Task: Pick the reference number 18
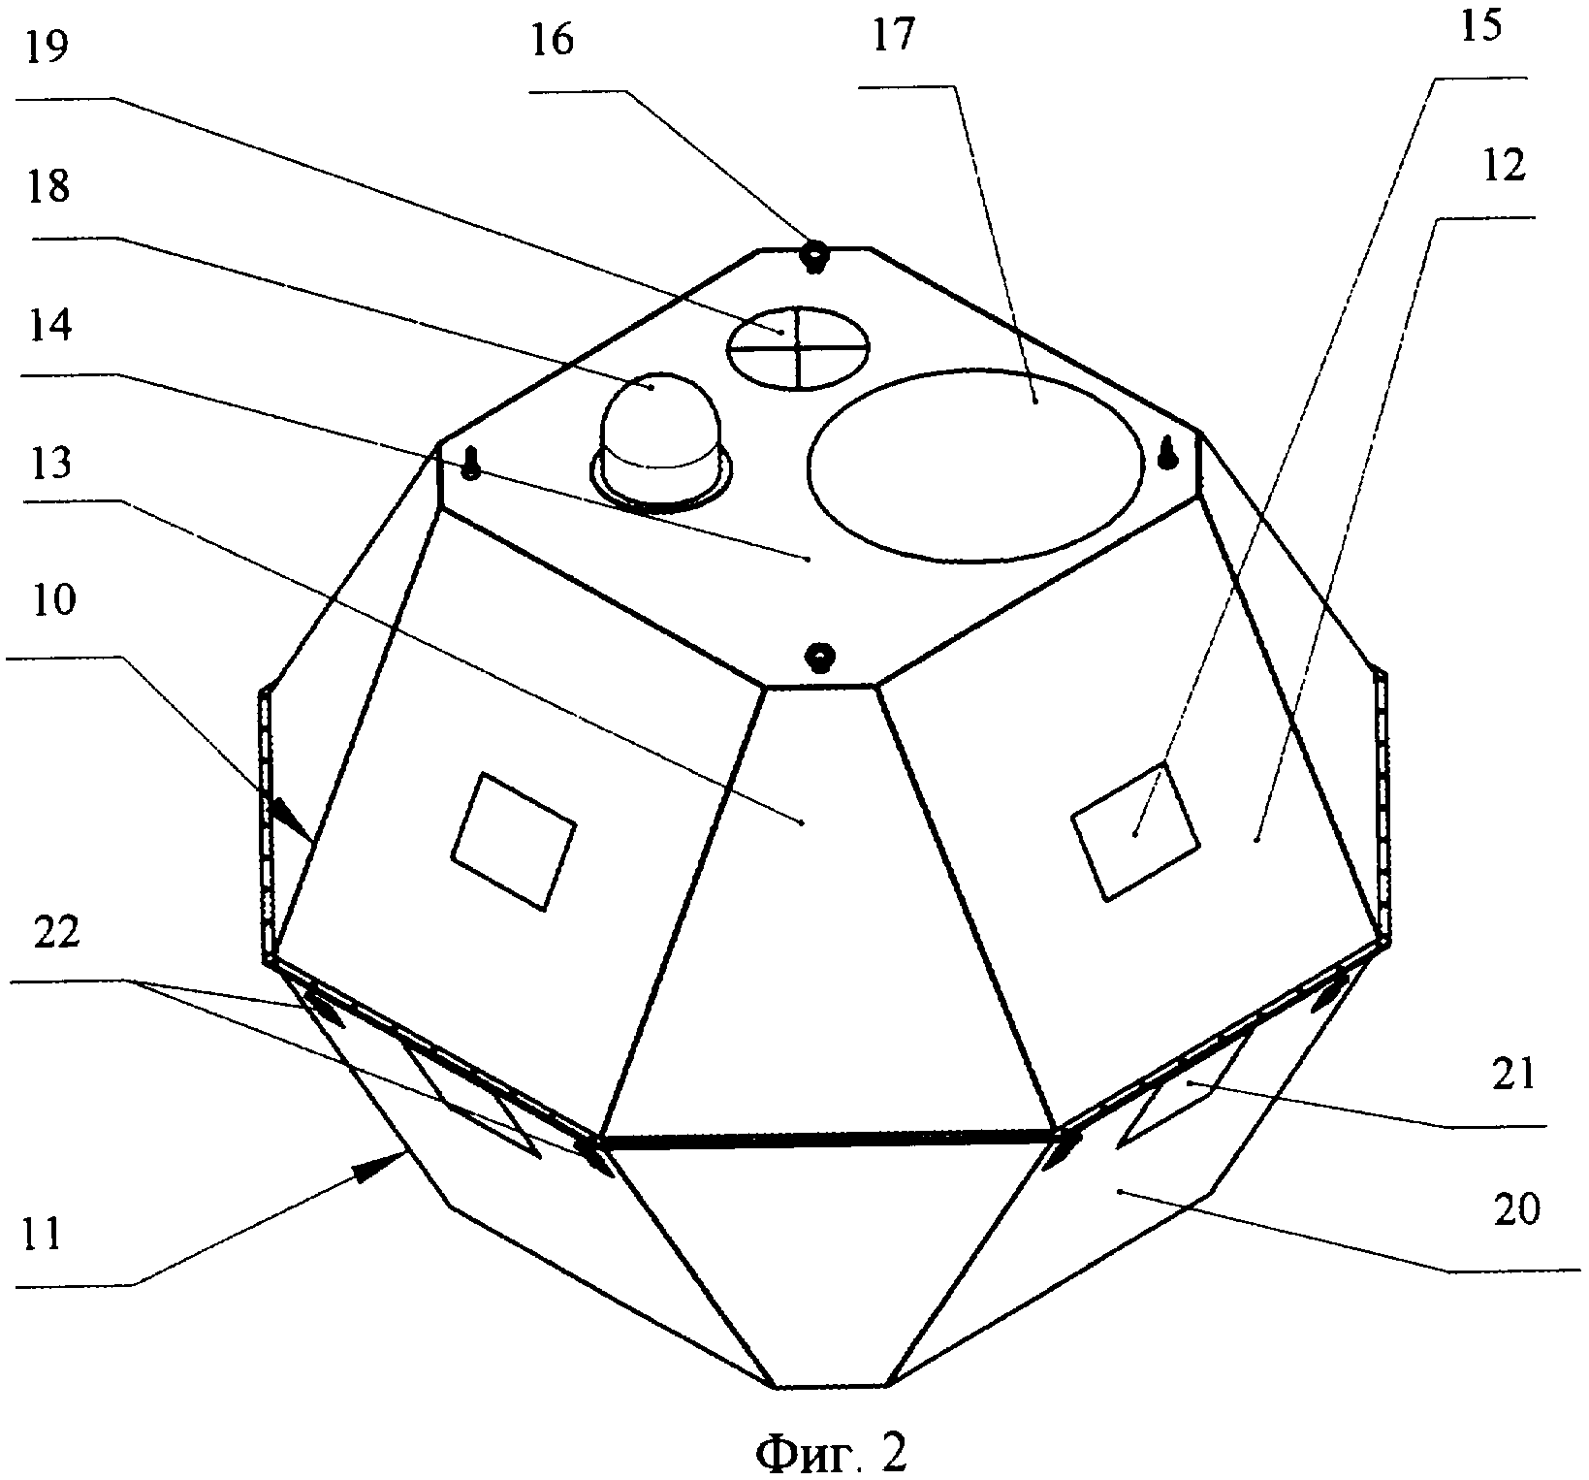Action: [x=48, y=185]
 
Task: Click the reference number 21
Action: [x=1514, y=1074]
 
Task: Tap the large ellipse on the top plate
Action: [x=975, y=463]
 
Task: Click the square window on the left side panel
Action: [x=514, y=841]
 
